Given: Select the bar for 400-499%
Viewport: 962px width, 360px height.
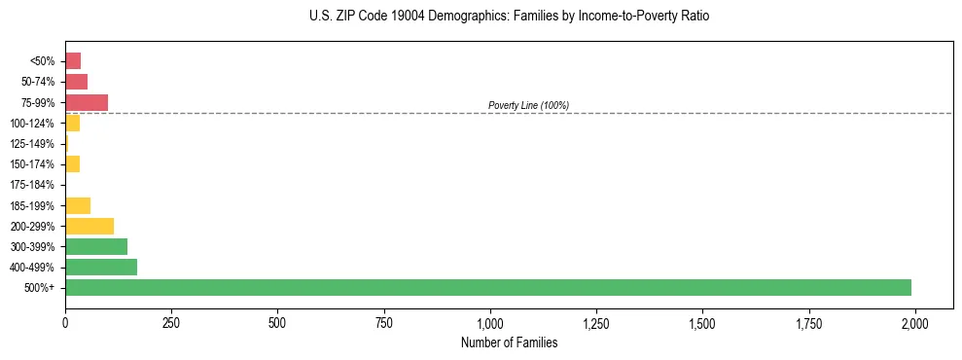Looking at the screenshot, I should coord(101,267).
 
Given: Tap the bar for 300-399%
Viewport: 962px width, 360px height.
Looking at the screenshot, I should coord(96,246).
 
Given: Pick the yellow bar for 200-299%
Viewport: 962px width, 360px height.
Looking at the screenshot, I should coord(89,226).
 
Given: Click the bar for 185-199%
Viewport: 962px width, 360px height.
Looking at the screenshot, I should coord(78,205).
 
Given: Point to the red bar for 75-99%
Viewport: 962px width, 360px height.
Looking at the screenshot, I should coord(87,102).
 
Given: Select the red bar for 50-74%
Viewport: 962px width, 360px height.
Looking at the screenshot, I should coord(77,82).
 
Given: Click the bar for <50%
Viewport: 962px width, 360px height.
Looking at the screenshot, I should coord(73,60).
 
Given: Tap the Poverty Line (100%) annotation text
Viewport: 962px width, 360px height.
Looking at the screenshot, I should coord(528,105).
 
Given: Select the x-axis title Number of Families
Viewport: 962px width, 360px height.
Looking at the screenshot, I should coord(510,342).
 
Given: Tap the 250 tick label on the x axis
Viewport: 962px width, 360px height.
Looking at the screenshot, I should coord(171,322).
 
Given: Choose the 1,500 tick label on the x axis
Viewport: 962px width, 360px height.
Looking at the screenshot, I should coord(702,322).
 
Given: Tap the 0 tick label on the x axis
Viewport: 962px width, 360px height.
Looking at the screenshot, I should coord(65,322).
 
